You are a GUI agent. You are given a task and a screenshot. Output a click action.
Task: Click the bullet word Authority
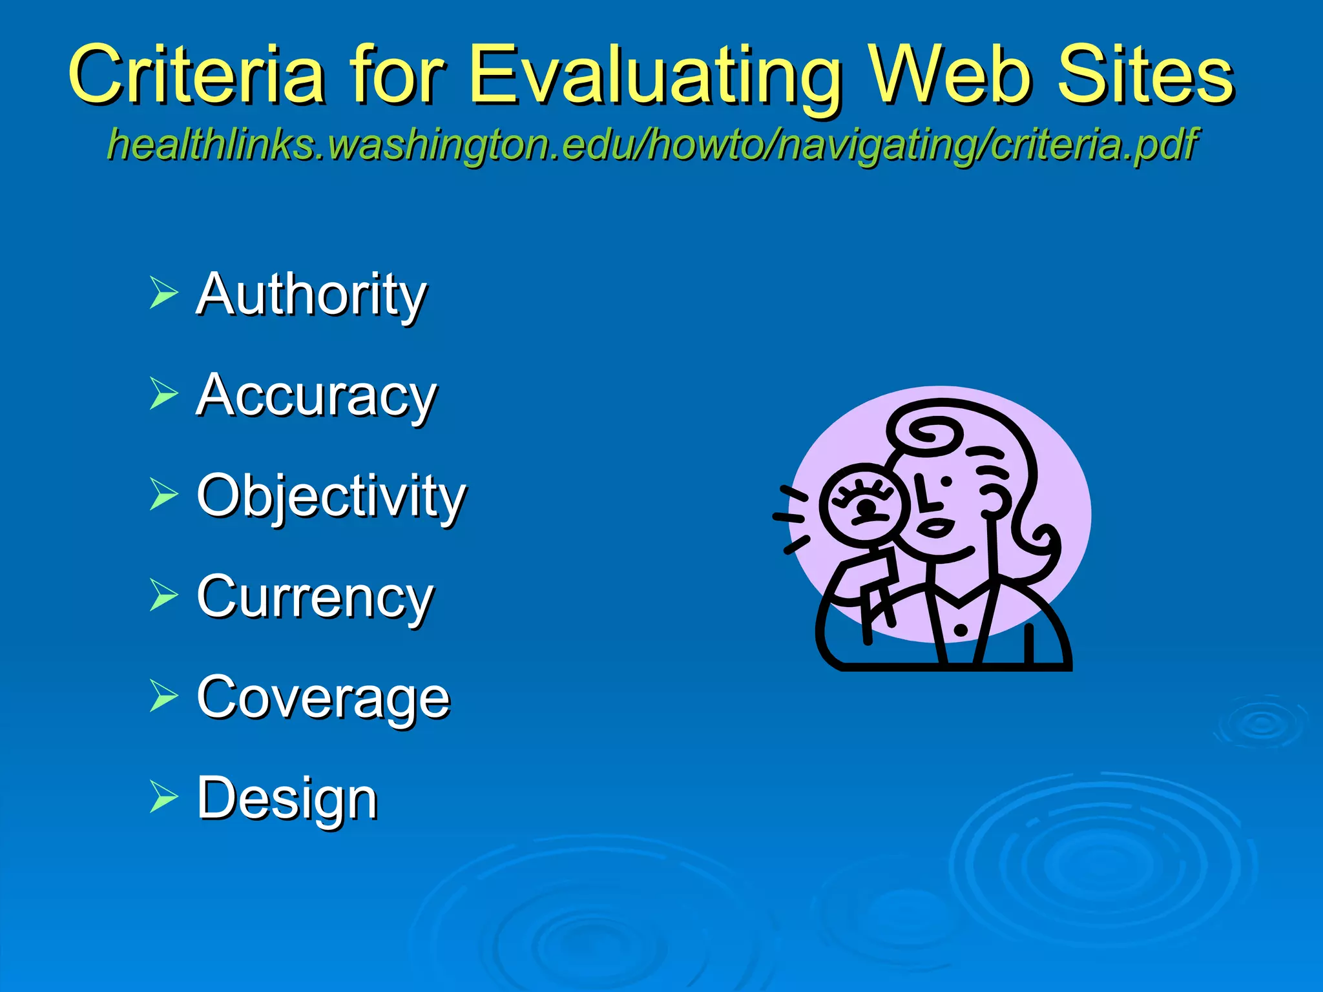click(311, 295)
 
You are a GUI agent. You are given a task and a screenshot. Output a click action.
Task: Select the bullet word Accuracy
click(317, 396)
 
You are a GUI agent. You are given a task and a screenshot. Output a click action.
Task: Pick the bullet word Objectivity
click(331, 497)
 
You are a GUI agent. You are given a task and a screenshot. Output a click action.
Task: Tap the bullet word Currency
click(315, 597)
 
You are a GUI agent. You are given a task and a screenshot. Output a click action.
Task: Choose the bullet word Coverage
click(323, 697)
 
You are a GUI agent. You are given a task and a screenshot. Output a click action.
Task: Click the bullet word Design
click(287, 799)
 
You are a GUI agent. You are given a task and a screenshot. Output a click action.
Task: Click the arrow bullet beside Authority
click(163, 293)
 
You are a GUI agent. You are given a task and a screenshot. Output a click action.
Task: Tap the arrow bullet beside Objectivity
click(163, 494)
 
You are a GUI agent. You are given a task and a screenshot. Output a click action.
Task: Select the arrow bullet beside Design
click(163, 796)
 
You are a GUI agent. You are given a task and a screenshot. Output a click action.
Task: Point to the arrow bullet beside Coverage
click(163, 696)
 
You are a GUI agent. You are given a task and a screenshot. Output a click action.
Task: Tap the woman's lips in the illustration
click(935, 528)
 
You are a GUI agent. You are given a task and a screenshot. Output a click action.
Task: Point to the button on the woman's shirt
click(961, 630)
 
